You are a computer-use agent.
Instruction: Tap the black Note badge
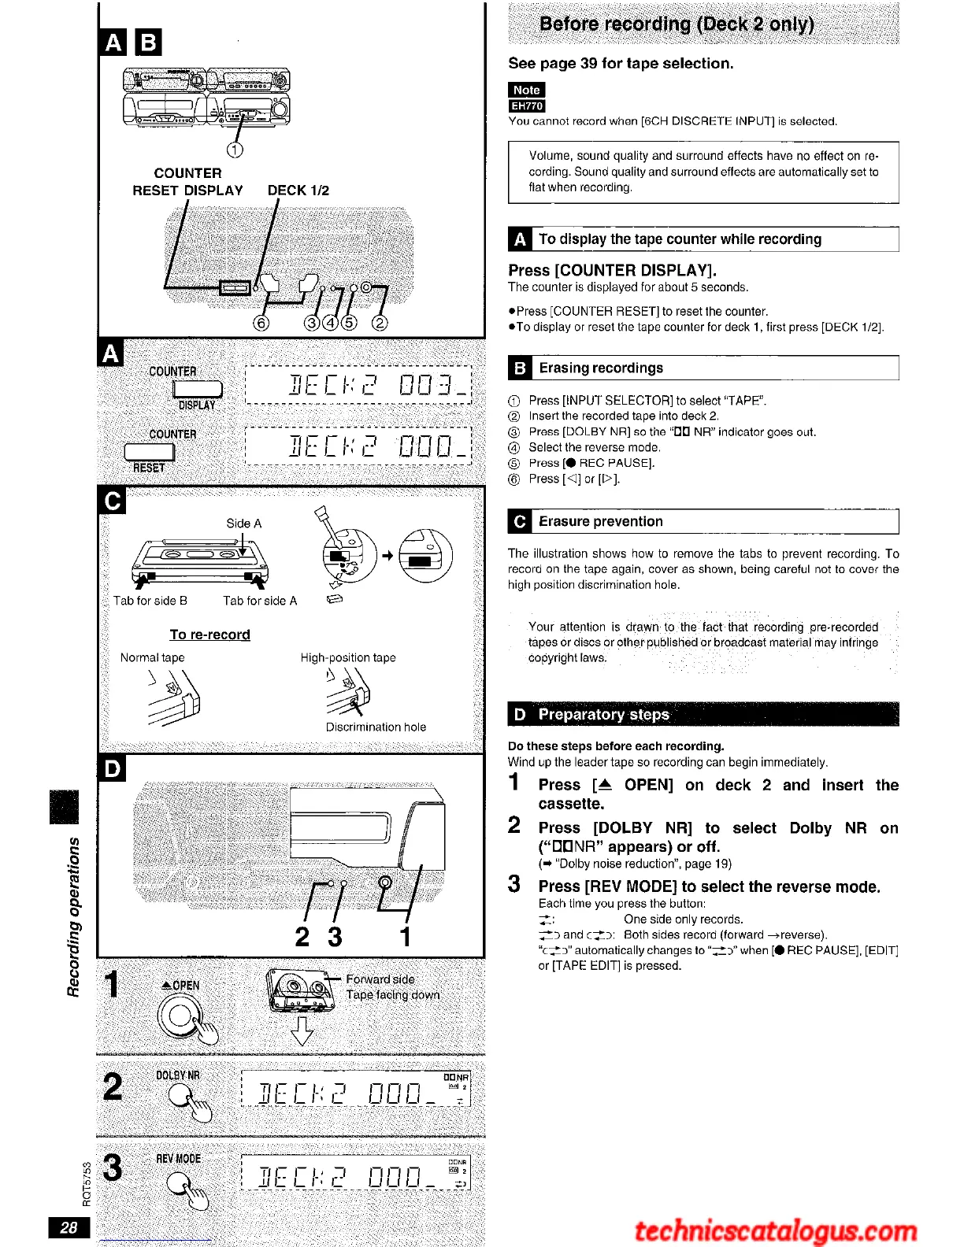click(526, 90)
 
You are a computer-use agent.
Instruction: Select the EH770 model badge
click(526, 105)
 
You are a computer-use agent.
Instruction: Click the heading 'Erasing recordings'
click(601, 368)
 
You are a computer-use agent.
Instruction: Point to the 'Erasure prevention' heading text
click(601, 521)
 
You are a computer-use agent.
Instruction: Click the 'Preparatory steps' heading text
click(603, 714)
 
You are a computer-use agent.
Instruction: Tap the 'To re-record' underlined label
click(209, 635)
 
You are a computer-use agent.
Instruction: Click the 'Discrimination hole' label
click(376, 727)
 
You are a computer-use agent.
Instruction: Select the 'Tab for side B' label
click(150, 601)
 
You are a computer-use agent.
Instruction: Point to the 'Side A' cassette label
click(243, 524)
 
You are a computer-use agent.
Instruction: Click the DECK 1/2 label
click(298, 191)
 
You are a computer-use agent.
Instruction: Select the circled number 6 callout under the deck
click(261, 323)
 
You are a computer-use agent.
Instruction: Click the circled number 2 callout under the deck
click(380, 323)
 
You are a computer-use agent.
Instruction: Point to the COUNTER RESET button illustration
click(150, 451)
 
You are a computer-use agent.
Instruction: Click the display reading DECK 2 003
click(358, 384)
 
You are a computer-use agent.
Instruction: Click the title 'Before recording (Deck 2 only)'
click(677, 24)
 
